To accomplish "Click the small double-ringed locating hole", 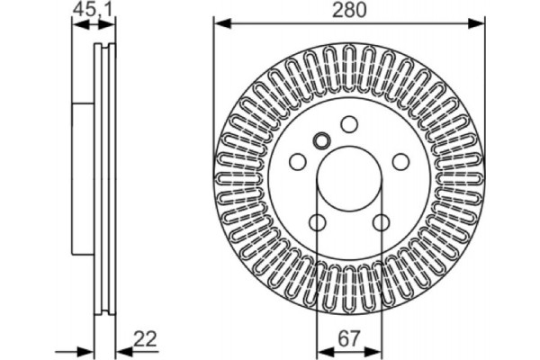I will [x=321, y=140].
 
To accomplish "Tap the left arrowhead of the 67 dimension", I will [x=322, y=349].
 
